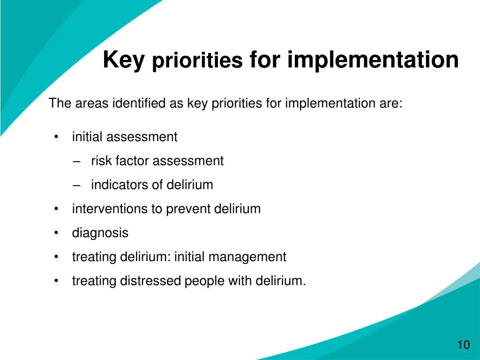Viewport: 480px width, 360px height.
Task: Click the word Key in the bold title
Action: point(123,61)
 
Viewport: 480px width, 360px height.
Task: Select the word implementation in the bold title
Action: point(373,60)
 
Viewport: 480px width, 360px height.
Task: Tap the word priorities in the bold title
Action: point(197,61)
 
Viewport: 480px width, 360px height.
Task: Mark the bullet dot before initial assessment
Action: point(57,137)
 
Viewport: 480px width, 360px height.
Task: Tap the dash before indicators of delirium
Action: point(77,185)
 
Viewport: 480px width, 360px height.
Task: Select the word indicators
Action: point(120,185)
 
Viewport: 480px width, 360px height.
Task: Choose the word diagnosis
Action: point(100,233)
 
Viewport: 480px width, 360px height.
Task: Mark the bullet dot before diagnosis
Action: point(57,233)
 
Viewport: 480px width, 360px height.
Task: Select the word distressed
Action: point(150,281)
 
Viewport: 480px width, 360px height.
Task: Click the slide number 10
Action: point(463,345)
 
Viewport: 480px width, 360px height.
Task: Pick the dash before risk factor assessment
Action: point(77,161)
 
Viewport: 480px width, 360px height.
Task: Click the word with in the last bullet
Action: point(240,281)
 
